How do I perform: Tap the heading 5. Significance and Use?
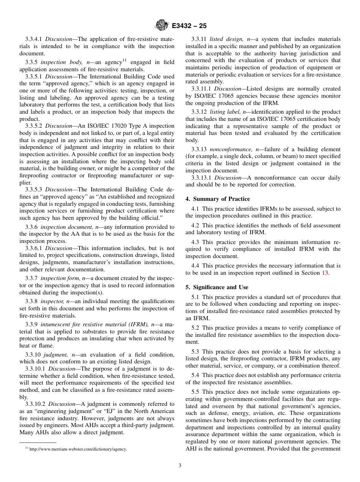217,287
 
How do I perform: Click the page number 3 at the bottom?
180,466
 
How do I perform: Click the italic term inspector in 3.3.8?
52,301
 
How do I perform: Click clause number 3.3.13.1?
201,178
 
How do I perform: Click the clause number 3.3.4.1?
34,39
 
